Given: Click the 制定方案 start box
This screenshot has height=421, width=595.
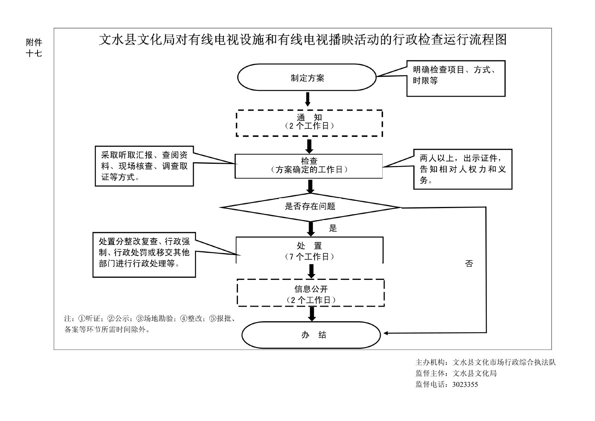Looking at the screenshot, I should click(307, 77).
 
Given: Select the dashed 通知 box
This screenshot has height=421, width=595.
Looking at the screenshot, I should click(309, 123).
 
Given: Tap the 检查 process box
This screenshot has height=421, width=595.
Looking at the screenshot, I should click(309, 166).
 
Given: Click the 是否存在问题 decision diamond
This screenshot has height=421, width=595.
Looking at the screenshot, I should click(310, 207).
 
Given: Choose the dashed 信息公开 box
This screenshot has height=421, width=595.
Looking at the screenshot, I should click(311, 293).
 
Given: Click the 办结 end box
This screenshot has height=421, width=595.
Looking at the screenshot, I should click(311, 335).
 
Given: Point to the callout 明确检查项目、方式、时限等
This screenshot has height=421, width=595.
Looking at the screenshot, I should click(456, 78).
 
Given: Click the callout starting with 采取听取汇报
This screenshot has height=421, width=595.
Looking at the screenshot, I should click(144, 166).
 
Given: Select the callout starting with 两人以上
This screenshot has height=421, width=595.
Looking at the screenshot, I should click(463, 169).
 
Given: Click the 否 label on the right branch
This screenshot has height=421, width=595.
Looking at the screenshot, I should click(469, 264).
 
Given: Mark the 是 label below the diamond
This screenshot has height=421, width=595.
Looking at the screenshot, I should click(333, 229).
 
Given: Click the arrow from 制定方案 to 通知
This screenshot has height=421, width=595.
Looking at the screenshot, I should click(308, 99).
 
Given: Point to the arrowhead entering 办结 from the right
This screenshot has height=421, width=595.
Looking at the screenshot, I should click(387, 333).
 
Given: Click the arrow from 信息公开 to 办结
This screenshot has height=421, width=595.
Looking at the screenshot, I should click(312, 314).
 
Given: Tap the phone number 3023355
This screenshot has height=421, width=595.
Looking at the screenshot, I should click(465, 385).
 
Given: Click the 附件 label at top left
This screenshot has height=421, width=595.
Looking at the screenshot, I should click(34, 42).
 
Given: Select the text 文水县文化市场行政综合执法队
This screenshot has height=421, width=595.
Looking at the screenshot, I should click(504, 362).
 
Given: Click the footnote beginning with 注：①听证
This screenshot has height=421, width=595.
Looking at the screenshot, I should click(149, 324).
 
